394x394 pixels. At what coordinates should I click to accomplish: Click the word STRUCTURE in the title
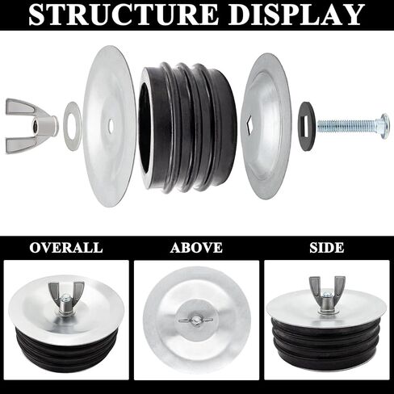click(124, 15)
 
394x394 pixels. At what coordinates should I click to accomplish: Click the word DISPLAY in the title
click(297, 15)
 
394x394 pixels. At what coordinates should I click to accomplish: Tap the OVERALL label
click(66, 248)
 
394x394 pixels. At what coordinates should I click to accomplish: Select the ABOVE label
click(196, 248)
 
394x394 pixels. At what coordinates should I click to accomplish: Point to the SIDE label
click(327, 248)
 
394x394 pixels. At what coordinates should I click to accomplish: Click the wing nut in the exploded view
click(31, 126)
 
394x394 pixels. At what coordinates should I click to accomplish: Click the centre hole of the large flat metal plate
click(111, 124)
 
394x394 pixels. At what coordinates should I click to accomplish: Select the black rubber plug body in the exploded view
click(187, 128)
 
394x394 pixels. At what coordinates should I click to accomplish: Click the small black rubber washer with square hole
click(308, 126)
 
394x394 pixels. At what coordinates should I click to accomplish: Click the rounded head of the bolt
click(385, 126)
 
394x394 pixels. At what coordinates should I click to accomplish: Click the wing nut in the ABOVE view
click(196, 321)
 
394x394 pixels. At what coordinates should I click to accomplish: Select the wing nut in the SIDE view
click(327, 294)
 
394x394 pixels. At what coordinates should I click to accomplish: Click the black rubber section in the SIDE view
click(327, 342)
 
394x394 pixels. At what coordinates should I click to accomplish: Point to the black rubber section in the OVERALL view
click(66, 350)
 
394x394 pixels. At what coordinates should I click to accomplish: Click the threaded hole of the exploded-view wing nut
click(35, 126)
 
